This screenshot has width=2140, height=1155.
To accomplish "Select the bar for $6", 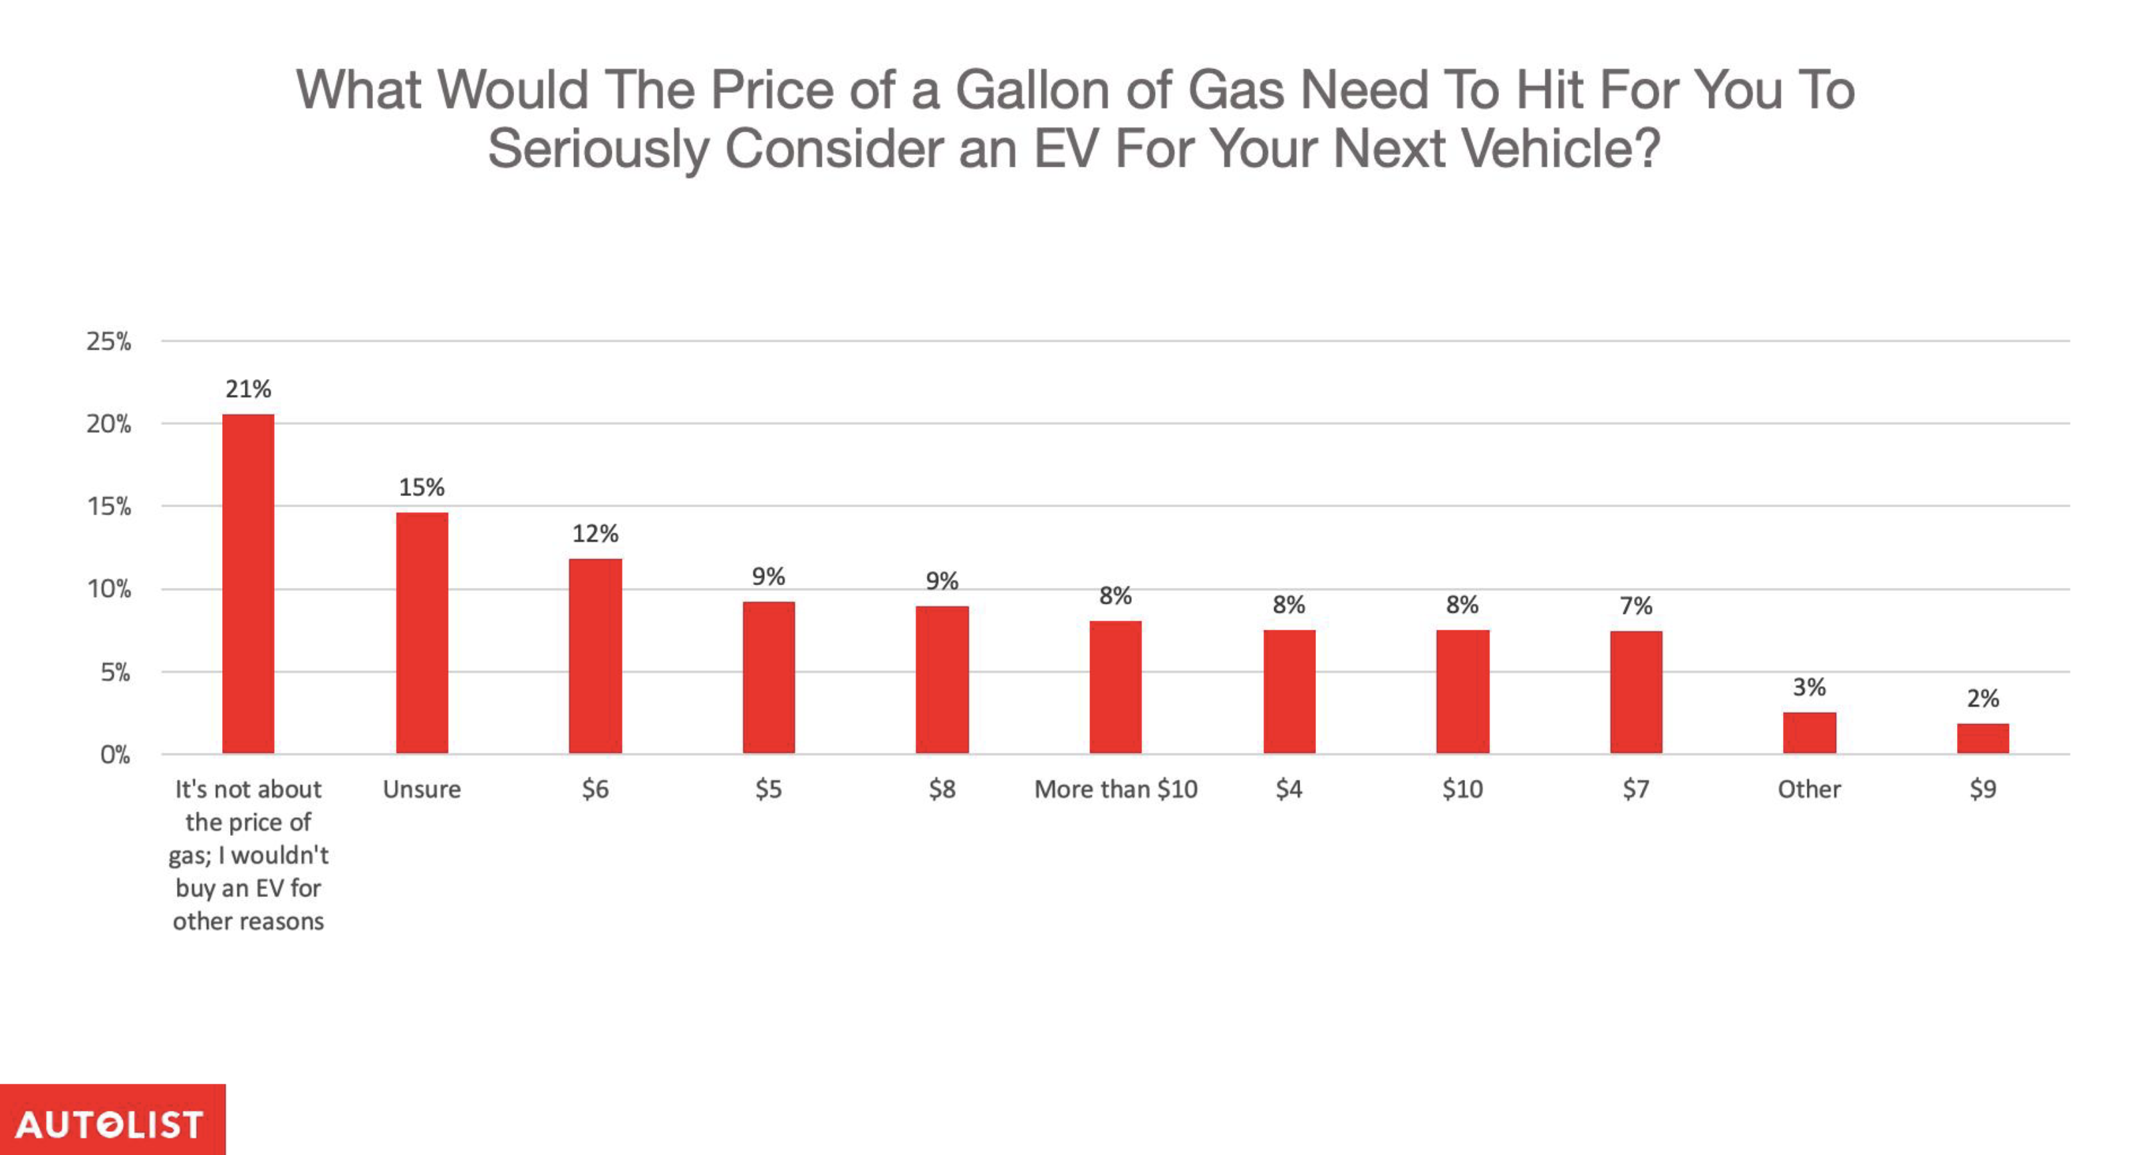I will (595, 656).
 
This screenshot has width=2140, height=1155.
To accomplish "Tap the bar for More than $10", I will (1115, 686).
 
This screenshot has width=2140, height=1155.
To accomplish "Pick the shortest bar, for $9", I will (1982, 738).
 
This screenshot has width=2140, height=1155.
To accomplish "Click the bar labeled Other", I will (1809, 732).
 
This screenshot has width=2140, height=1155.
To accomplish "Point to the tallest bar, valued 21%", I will (247, 583).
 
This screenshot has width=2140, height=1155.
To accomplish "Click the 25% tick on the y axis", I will (109, 340).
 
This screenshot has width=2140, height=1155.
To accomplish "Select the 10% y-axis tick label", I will (109, 589).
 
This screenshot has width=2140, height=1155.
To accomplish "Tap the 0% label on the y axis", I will (116, 755).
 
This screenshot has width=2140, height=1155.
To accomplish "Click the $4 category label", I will (1289, 789).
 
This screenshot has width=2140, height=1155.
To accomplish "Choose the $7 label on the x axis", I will (1636, 789).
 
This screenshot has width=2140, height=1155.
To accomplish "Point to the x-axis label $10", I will (1462, 789).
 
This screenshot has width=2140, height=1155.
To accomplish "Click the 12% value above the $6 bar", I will (595, 533).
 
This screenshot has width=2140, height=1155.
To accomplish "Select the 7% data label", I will (1636, 606).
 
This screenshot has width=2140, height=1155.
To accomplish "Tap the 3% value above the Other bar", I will (1809, 687).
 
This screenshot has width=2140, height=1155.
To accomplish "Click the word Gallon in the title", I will (1032, 89).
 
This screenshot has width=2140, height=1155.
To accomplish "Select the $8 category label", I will (942, 789).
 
